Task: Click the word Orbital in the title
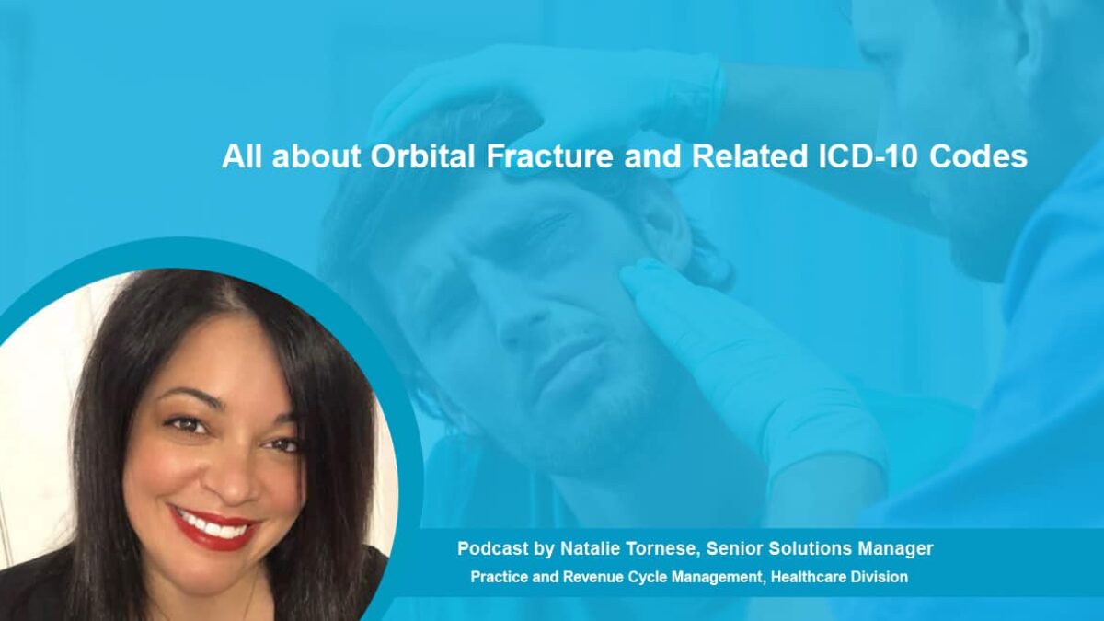tap(423, 156)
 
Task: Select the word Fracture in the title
tap(549, 156)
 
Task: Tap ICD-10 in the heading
tap(868, 156)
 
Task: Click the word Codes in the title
tap(979, 156)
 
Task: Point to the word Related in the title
tap(749, 156)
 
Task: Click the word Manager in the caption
tap(895, 549)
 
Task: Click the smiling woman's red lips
tap(213, 527)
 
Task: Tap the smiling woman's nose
tap(232, 473)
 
